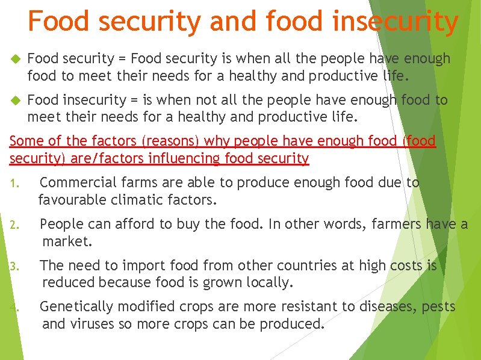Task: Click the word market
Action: pyautogui.click(x=67, y=241)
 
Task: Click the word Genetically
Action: pyautogui.click(x=76, y=306)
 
